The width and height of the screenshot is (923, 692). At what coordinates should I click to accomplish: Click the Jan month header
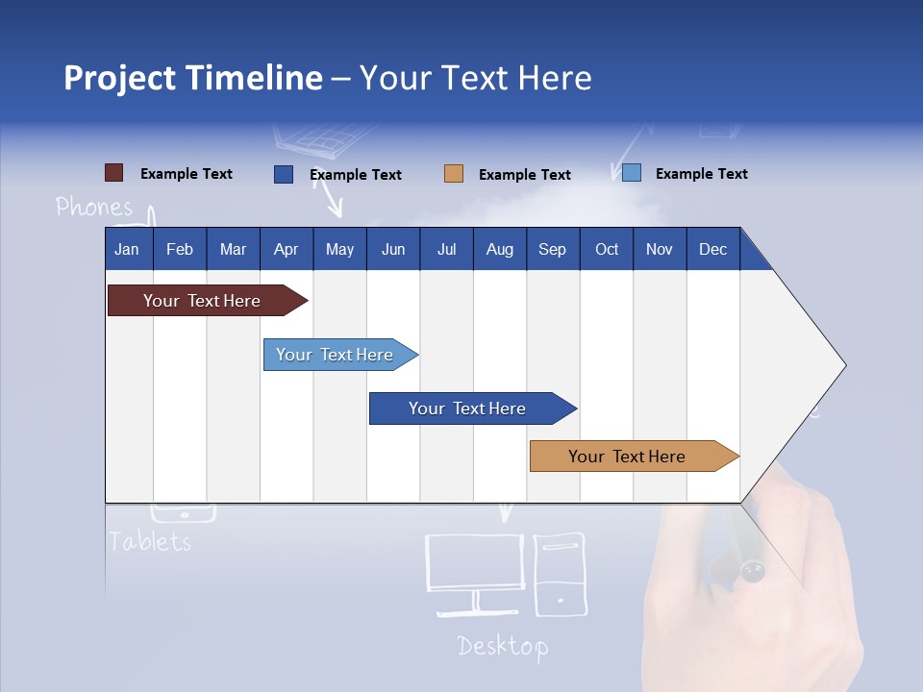click(127, 249)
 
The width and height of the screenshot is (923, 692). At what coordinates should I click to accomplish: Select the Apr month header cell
click(287, 249)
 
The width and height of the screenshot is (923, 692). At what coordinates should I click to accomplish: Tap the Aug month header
click(499, 249)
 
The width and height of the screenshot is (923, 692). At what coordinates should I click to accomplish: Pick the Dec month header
click(712, 249)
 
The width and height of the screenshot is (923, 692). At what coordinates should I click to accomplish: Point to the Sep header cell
click(552, 249)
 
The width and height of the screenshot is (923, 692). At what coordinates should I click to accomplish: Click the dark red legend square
click(113, 173)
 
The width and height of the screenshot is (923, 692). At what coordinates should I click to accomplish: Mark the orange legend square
click(454, 174)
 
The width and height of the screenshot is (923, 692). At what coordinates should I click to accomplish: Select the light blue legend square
click(631, 173)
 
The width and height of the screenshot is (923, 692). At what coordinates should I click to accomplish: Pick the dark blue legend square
click(284, 174)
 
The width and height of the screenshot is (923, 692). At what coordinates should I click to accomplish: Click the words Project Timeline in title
click(192, 78)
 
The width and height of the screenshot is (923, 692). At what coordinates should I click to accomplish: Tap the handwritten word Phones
click(94, 207)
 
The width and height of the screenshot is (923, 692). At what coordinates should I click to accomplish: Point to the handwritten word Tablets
click(149, 541)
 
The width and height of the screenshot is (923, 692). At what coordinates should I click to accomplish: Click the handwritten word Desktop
click(502, 646)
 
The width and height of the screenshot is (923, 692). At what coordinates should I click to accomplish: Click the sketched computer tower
click(560, 574)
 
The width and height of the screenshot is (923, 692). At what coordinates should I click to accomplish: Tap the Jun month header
click(392, 249)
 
